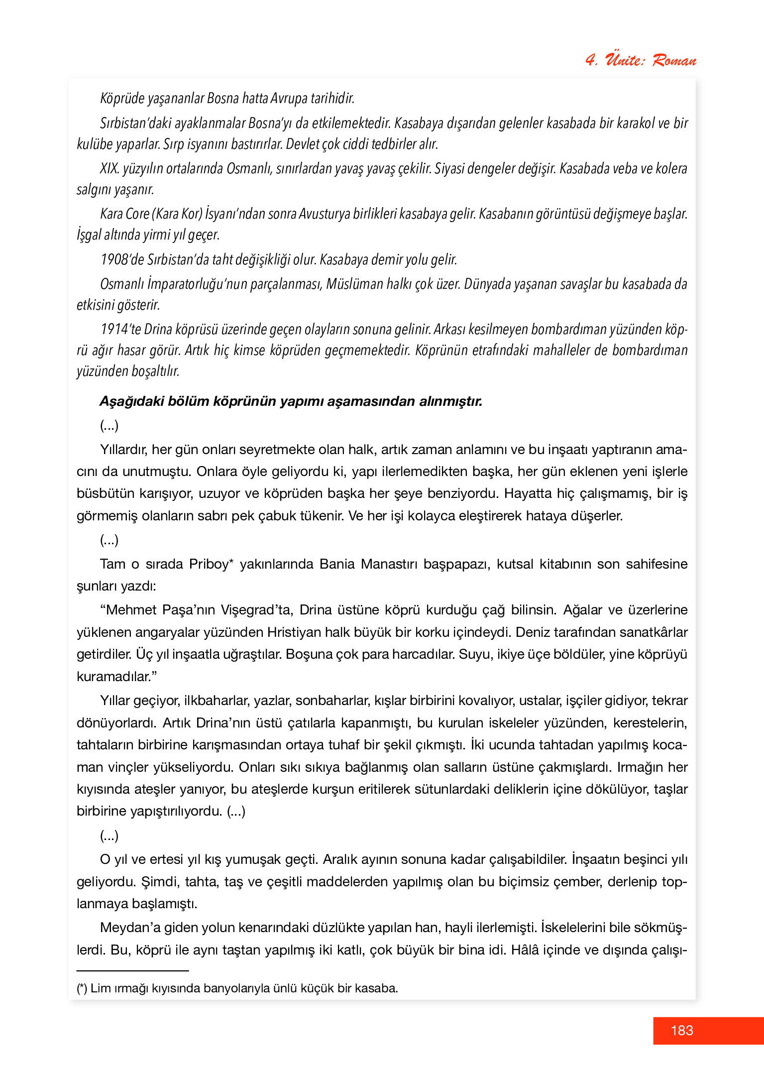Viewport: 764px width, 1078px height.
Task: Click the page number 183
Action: click(x=682, y=1030)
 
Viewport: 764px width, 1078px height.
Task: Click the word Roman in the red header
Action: click(x=674, y=61)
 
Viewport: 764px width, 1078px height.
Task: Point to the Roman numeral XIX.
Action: click(x=109, y=169)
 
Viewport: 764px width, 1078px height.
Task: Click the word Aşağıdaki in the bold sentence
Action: click(x=131, y=401)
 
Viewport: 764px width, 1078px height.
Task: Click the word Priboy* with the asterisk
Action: click(x=211, y=564)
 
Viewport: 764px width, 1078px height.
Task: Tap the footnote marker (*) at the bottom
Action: click(x=82, y=988)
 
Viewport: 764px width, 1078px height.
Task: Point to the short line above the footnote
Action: click(x=132, y=970)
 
